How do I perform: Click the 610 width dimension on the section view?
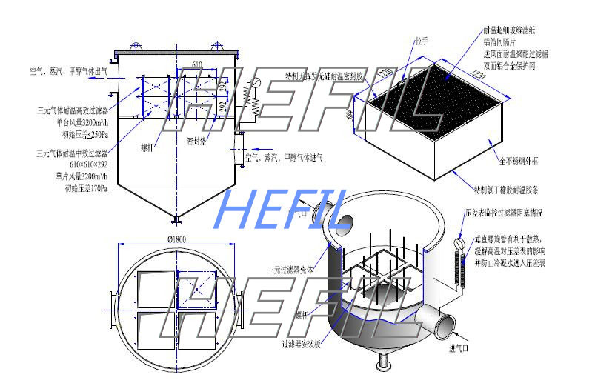tap(196, 65)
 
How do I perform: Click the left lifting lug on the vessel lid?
tap(136, 47)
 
